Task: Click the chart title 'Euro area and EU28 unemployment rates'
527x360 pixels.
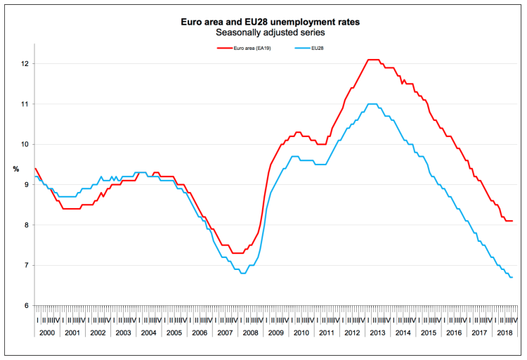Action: (271, 22)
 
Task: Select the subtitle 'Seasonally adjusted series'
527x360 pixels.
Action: (271, 32)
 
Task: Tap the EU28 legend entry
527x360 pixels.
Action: (315, 49)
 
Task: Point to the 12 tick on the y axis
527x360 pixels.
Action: (25, 64)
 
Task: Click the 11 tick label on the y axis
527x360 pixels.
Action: (25, 104)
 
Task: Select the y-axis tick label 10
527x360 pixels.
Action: (25, 145)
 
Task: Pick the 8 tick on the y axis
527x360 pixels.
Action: (26, 226)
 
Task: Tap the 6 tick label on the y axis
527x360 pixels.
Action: (26, 306)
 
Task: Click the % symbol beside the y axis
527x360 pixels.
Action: (16, 169)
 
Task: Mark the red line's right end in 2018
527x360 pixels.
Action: (512, 221)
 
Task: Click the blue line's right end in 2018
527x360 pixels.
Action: (512, 277)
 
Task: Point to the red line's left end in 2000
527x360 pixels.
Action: (35, 169)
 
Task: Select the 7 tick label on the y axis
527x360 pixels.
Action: (26, 266)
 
